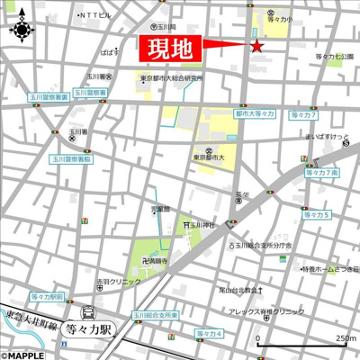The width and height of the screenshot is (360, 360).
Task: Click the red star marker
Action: click(x=256, y=46)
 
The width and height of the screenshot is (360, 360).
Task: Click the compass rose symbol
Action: click(x=22, y=28)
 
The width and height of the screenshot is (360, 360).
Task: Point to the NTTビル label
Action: click(x=94, y=16)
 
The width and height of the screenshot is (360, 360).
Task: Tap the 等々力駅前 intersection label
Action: click(x=47, y=295)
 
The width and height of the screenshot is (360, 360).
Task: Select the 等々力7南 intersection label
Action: click(x=320, y=173)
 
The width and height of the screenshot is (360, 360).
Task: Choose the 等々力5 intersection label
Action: click(x=315, y=214)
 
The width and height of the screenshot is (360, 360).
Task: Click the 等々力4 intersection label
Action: click(x=208, y=334)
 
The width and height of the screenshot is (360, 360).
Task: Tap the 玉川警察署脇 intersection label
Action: click(x=71, y=158)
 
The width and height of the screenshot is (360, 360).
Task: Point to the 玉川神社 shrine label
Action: click(x=203, y=225)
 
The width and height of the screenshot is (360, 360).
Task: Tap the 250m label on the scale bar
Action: click(x=346, y=338)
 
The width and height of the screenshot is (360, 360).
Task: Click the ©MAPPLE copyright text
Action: click(x=21, y=355)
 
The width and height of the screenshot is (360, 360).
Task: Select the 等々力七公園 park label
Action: click(x=336, y=56)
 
